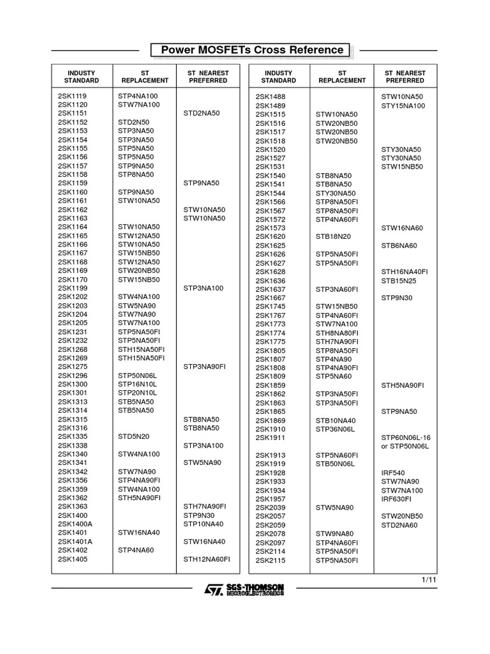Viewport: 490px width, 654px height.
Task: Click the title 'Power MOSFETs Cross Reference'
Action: [x=252, y=50]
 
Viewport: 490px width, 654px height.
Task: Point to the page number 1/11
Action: [x=429, y=580]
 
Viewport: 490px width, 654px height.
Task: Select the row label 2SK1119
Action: [x=73, y=96]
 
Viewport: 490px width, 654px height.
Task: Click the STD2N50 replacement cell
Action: [x=133, y=122]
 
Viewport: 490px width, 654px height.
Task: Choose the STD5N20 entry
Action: [x=133, y=436]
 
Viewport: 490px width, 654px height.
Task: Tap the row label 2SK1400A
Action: [x=75, y=524]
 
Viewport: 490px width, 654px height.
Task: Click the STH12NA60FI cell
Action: [x=207, y=559]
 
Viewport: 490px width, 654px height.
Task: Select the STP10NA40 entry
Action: [x=204, y=524]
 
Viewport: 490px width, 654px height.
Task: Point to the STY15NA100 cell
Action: [x=403, y=105]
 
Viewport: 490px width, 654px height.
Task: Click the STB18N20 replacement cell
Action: [x=333, y=236]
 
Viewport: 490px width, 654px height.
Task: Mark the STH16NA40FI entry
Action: [x=405, y=271]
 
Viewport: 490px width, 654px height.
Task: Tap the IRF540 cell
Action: [x=394, y=473]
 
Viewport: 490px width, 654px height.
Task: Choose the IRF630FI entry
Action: [x=397, y=499]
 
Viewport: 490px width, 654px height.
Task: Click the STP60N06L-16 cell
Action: [x=406, y=437]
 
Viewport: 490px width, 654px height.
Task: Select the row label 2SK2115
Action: [x=271, y=560]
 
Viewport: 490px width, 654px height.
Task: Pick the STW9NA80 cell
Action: [x=334, y=533]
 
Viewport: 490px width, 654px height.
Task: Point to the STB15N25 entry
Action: [x=399, y=280]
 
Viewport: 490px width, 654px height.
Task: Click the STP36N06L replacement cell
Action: [x=335, y=429]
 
